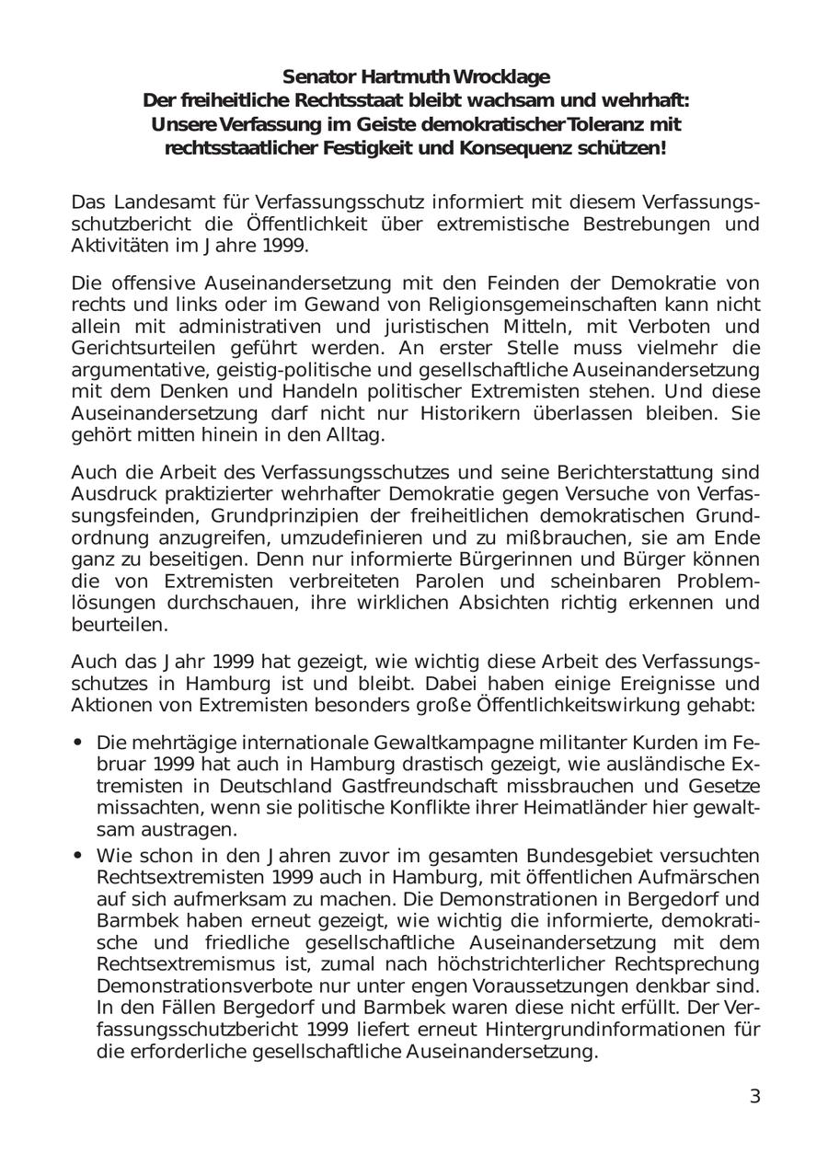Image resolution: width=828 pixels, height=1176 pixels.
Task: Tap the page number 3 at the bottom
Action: [x=755, y=1096]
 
